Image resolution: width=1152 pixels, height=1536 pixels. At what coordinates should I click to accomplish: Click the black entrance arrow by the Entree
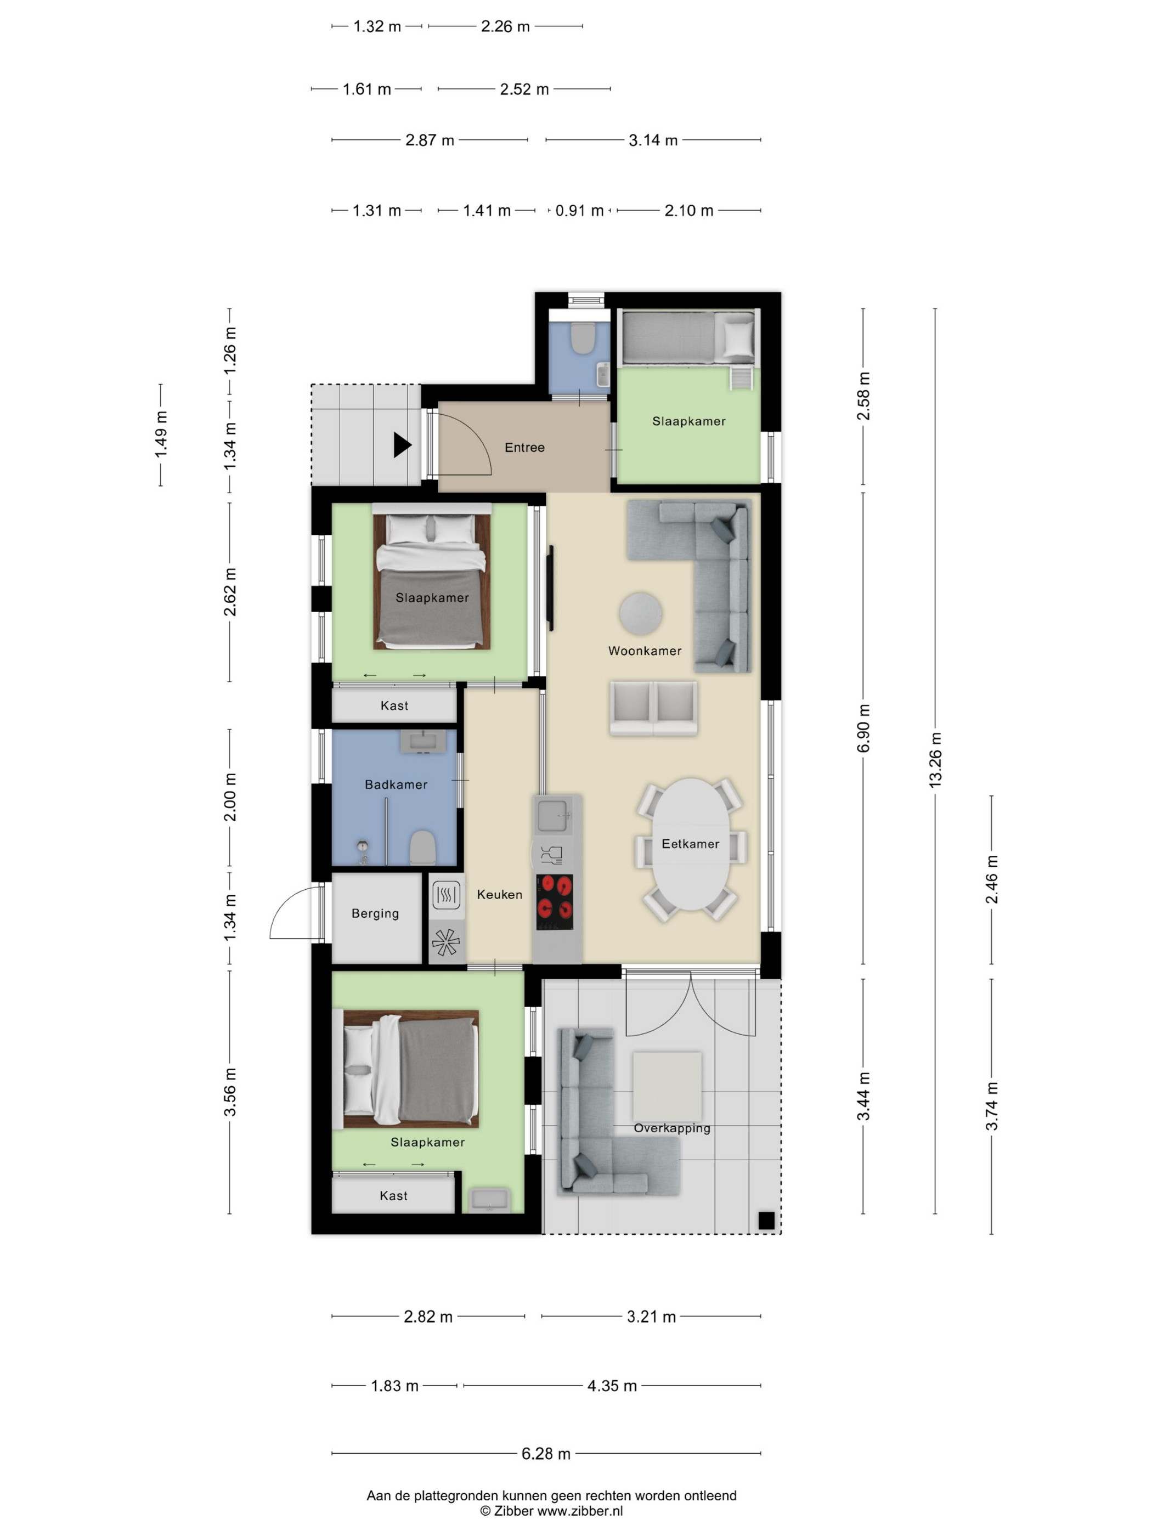click(402, 445)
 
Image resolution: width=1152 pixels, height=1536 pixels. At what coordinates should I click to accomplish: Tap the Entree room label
click(524, 448)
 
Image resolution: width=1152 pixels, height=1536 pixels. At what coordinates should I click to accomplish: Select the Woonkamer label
click(645, 651)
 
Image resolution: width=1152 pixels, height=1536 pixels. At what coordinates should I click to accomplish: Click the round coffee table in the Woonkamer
click(640, 614)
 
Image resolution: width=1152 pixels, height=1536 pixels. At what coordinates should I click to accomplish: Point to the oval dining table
click(690, 844)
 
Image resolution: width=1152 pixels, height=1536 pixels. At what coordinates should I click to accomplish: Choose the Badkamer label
click(396, 784)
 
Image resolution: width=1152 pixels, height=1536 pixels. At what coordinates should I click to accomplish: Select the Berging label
click(375, 914)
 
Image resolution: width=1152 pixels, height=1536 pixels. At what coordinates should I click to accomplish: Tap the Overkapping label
click(671, 1128)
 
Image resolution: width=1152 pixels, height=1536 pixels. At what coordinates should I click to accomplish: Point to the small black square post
click(766, 1220)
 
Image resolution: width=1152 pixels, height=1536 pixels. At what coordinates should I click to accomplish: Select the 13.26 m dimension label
click(935, 759)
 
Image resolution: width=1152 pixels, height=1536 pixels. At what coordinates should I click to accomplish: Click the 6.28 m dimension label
click(546, 1453)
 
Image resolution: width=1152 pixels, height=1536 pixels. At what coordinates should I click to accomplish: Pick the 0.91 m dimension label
click(579, 211)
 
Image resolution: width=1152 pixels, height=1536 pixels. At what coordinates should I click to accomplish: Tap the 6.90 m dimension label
click(863, 729)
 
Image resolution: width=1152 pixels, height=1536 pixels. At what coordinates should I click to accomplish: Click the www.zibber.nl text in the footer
click(580, 1511)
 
